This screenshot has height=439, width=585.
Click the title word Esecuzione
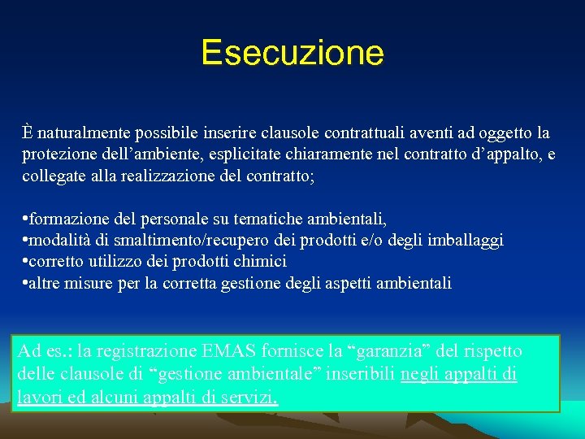[292, 54]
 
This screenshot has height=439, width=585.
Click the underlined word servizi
[252, 398]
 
